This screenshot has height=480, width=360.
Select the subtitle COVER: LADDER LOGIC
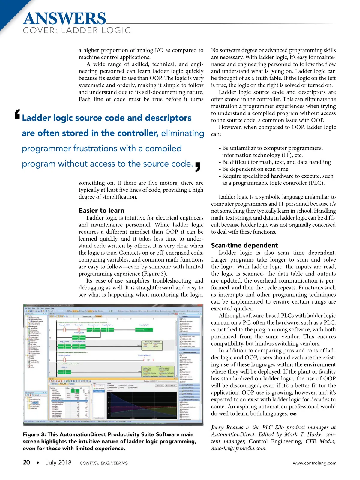point(77,30)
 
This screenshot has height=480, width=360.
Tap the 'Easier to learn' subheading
point(101,210)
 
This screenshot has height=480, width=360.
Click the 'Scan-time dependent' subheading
point(244,245)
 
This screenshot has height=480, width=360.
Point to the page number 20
point(26,462)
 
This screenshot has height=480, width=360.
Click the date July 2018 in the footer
point(58,462)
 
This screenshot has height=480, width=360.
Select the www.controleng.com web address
point(314,463)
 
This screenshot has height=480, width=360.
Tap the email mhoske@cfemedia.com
point(239,448)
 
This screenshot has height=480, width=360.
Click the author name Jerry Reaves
point(227,427)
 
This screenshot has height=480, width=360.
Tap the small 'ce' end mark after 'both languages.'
point(293,414)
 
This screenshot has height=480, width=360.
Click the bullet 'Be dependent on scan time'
point(255,169)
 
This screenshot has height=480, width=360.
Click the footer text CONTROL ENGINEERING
point(104,463)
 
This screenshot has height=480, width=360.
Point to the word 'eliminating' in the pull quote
point(183,133)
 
